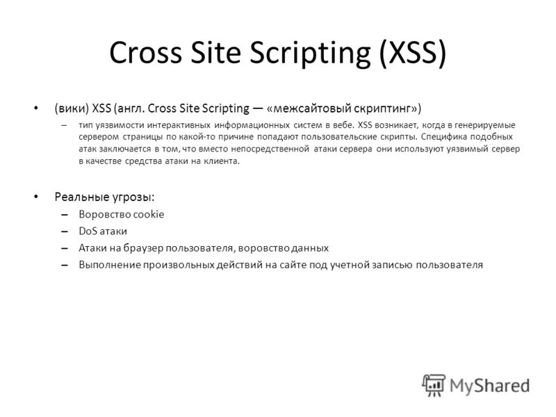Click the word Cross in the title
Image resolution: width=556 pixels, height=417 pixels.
(x=145, y=53)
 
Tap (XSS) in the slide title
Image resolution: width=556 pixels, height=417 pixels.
(x=412, y=54)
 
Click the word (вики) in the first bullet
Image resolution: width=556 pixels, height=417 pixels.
(x=72, y=108)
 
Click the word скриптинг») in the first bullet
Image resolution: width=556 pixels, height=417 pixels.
(x=382, y=108)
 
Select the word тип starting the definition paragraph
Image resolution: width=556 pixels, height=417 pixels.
(x=85, y=125)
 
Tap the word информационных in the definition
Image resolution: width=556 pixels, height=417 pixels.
(x=252, y=125)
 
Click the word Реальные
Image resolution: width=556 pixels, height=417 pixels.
(x=82, y=197)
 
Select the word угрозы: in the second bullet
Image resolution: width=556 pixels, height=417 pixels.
(x=133, y=197)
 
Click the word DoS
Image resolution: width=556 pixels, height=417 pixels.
(x=88, y=231)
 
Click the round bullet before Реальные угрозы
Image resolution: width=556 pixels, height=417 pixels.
(x=36, y=197)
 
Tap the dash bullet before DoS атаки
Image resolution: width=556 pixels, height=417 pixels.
(x=64, y=231)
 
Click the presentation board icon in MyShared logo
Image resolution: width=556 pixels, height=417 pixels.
(x=434, y=385)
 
